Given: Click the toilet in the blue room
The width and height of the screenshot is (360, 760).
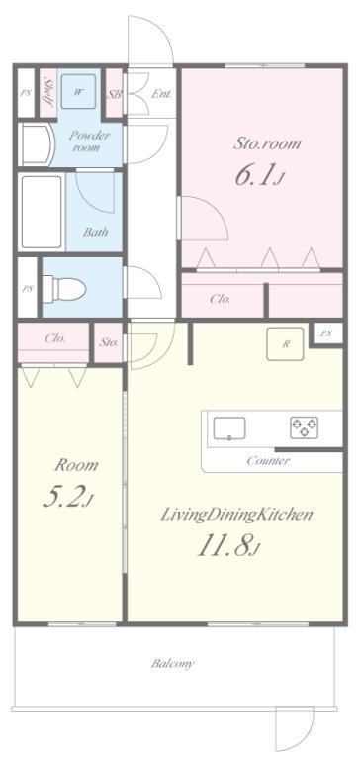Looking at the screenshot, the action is tap(64, 289).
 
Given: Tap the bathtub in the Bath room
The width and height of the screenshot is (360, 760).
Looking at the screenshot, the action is tap(42, 212).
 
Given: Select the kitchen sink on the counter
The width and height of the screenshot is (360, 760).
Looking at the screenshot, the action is tap(228, 428).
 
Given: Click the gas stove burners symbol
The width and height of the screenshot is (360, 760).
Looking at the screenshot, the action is tap(305, 427).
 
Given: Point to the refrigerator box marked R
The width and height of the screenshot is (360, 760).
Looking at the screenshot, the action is tap(286, 344).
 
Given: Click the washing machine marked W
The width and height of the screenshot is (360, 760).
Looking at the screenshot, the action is tap(77, 92).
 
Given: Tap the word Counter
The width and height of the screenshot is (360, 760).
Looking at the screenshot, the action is tap(268, 460).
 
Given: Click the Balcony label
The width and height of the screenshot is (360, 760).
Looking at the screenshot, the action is tap(172, 664).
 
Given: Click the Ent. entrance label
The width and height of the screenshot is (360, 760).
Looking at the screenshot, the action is tap(161, 94).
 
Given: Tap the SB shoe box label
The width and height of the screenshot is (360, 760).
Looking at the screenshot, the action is tap(115, 94).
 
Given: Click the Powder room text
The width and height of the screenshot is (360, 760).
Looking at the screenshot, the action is tap(89, 142).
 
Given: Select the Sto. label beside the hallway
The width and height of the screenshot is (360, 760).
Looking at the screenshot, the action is tap(109, 342).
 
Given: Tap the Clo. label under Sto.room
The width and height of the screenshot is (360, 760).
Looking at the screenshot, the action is tap(220, 299).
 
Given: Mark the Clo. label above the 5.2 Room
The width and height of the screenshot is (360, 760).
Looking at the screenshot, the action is tap(54, 338).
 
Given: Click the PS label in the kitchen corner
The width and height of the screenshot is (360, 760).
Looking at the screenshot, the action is tap(327, 333).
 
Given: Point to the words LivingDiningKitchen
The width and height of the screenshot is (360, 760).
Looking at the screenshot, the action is tap(236, 515).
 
